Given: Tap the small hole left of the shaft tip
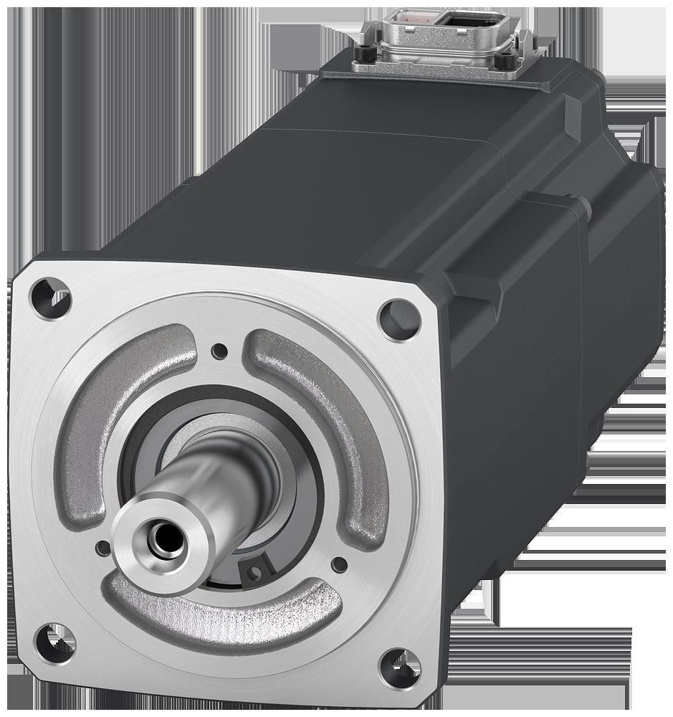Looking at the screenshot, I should tap(102, 549).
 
